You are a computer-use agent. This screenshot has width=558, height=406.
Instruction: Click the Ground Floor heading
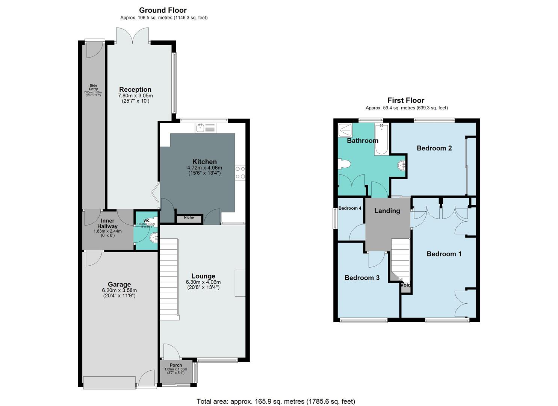pos(163,10)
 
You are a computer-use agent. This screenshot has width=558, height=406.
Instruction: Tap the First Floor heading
pos(406,100)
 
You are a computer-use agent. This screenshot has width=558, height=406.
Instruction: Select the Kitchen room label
pos(204,162)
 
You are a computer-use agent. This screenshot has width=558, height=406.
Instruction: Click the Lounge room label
pos(203,276)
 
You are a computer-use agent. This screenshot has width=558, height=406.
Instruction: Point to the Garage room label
pos(119,285)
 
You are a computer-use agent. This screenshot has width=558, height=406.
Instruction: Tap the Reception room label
pos(135,89)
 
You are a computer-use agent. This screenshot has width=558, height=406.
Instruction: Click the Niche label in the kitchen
pos(189,218)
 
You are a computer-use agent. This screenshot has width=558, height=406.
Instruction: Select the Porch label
pos(175,365)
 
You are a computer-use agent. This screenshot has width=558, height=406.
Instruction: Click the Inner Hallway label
pos(107,224)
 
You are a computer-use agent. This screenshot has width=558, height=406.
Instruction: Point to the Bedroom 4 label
pos(350,208)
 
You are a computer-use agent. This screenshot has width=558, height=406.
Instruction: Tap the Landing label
pos(387,211)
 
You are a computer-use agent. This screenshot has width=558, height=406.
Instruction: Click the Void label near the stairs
pos(406,285)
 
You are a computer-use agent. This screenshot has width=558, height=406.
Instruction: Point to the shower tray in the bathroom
pos(345,130)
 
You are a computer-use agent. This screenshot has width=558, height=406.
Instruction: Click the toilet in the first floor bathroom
pos(344,164)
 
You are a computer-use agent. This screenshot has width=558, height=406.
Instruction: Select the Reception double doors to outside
pos(133,36)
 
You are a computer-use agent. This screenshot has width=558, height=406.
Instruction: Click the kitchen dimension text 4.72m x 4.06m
pos(204,168)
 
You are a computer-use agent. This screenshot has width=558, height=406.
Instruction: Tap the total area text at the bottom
pos(276,401)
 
